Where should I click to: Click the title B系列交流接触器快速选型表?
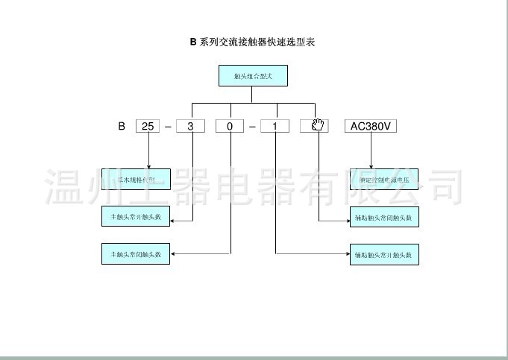[252, 42]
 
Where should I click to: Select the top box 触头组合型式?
[252, 76]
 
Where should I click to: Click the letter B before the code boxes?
[121, 126]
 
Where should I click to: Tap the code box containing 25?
[148, 126]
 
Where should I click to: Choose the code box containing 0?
[230, 126]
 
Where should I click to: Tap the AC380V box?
[370, 126]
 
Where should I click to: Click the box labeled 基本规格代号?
[137, 179]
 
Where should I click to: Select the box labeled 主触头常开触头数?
[137, 216]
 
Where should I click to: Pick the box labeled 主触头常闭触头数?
[137, 254]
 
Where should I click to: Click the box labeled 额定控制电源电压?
[383, 179]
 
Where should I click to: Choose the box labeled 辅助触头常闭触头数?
[383, 217]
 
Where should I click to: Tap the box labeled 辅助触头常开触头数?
[383, 254]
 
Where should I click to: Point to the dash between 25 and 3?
[169, 127]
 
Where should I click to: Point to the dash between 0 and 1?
[253, 127]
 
